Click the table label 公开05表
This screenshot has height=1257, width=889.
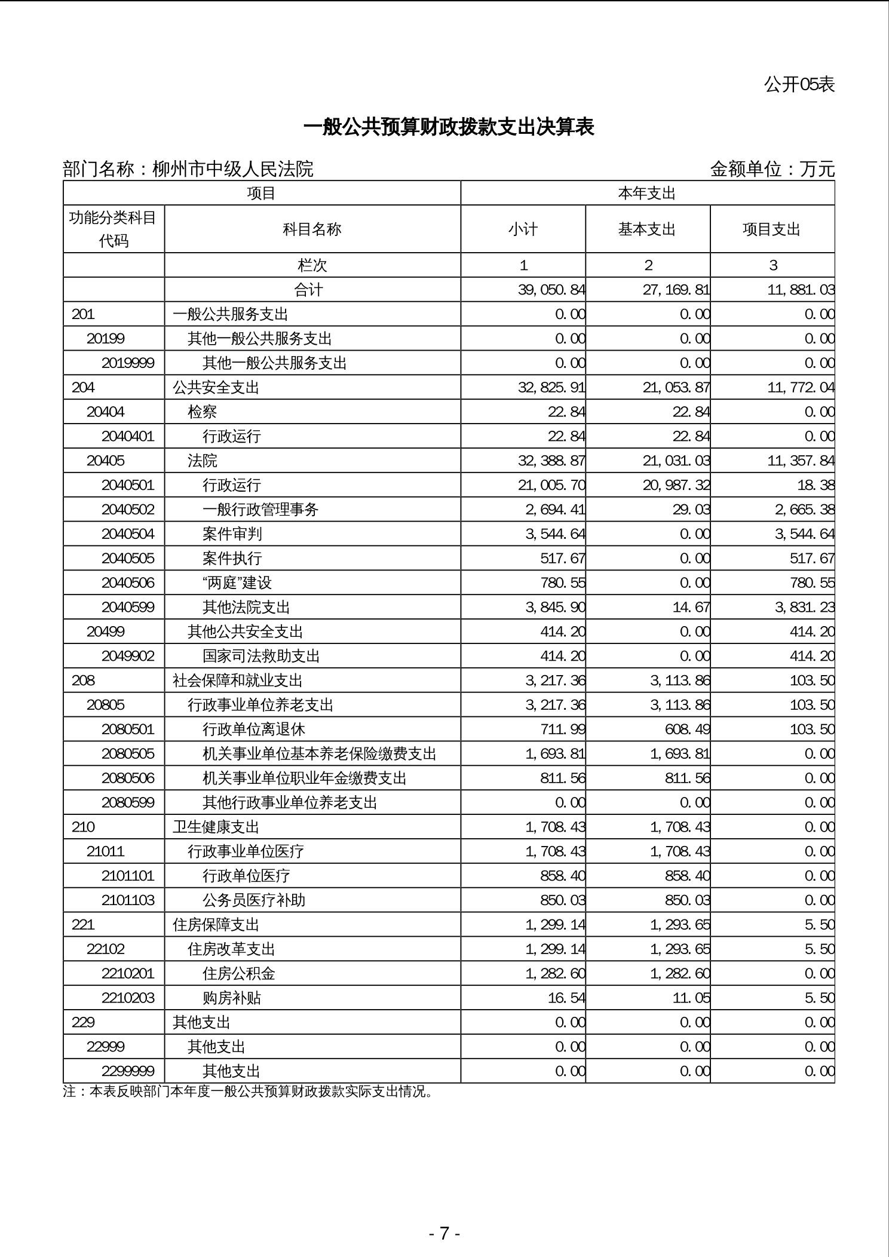coord(799,85)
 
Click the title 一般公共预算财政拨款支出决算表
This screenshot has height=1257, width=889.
coord(449,127)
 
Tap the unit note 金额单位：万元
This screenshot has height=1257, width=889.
coord(772,169)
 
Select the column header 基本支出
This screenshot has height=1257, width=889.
coord(647,229)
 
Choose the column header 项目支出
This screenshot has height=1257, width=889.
coord(771,229)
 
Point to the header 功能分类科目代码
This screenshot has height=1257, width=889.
coord(114,229)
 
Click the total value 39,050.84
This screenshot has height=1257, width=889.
coord(551,290)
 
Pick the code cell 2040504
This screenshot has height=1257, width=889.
coord(128,534)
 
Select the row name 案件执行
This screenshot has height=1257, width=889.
coord(232,558)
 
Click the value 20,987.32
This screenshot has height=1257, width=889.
coord(676,485)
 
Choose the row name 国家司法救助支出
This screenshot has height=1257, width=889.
coord(261,656)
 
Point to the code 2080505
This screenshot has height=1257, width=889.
coord(128,753)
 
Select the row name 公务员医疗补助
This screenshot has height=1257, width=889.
coord(254,900)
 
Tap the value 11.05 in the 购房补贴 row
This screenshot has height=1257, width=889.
coord(691,998)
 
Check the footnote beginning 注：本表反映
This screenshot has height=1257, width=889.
coord(248,1092)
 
